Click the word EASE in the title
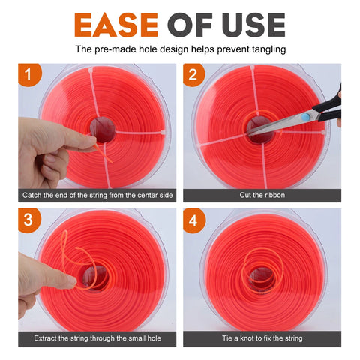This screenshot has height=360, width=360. pyautogui.click(x=114, y=24)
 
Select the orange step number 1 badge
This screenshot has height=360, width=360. pyautogui.click(x=28, y=74)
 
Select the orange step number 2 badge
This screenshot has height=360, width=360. pyautogui.click(x=193, y=74)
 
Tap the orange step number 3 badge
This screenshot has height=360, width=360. pyautogui.click(x=28, y=220)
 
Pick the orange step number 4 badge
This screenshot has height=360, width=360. pyautogui.click(x=193, y=220)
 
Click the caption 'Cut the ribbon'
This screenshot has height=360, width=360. pyautogui.click(x=262, y=195)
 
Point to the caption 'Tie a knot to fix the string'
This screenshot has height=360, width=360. pyautogui.click(x=262, y=340)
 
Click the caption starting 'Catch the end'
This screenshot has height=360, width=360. pyautogui.click(x=97, y=195)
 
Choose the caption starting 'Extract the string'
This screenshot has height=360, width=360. pyautogui.click(x=97, y=340)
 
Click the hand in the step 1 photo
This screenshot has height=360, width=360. pyautogui.click(x=45, y=150)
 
